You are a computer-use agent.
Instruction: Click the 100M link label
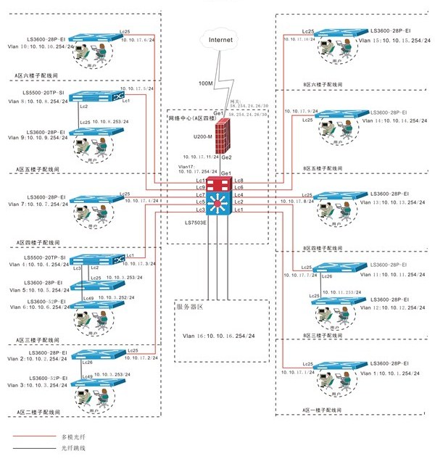pos(206,84)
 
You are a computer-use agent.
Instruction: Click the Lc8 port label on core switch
pos(240,180)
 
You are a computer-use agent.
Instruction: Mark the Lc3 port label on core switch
pos(201,210)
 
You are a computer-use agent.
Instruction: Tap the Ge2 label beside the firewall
pos(226,157)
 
